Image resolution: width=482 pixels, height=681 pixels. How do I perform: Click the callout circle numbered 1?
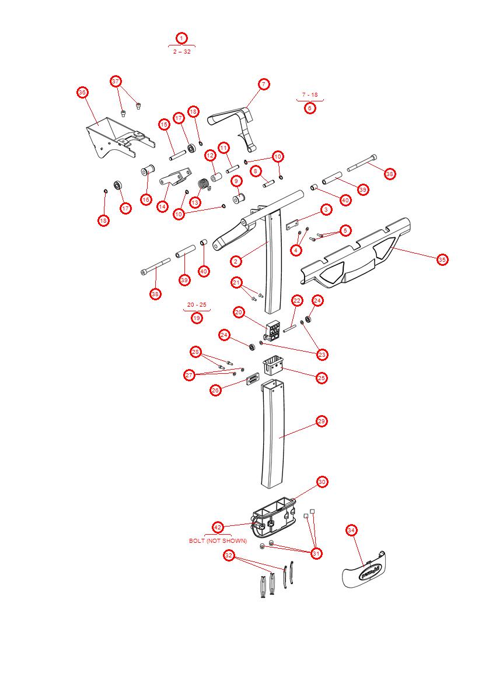pyautogui.click(x=181, y=38)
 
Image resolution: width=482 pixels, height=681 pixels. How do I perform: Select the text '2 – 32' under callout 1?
pyautogui.click(x=181, y=51)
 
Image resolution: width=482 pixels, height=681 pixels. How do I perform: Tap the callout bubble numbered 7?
pyautogui.click(x=263, y=85)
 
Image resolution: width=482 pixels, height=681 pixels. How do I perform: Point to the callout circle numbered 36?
pyautogui.click(x=82, y=92)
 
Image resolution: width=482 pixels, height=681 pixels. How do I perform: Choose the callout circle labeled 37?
pyautogui.click(x=116, y=81)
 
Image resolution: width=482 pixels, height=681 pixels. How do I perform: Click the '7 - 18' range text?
pyautogui.click(x=310, y=94)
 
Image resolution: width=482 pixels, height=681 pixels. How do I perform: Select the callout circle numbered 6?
pyautogui.click(x=310, y=108)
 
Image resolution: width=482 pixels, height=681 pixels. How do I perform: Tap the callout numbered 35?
pyautogui.click(x=442, y=259)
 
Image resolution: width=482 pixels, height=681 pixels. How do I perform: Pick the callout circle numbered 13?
pyautogui.click(x=195, y=202)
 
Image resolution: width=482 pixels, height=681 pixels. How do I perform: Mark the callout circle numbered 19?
pyautogui.click(x=197, y=318)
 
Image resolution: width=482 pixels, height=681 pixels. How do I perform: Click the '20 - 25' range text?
pyautogui.click(x=197, y=305)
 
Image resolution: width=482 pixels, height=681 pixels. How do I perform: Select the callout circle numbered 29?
pyautogui.click(x=321, y=421)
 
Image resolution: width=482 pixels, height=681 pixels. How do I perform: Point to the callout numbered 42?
pyautogui.click(x=218, y=527)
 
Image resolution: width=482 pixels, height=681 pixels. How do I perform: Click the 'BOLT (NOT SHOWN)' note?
pyautogui.click(x=218, y=541)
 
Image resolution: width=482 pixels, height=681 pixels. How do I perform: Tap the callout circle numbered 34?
pyautogui.click(x=351, y=530)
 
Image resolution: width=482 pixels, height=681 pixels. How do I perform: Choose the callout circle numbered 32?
pyautogui.click(x=229, y=556)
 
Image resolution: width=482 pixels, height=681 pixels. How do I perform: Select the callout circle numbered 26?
pyautogui.click(x=216, y=390)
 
